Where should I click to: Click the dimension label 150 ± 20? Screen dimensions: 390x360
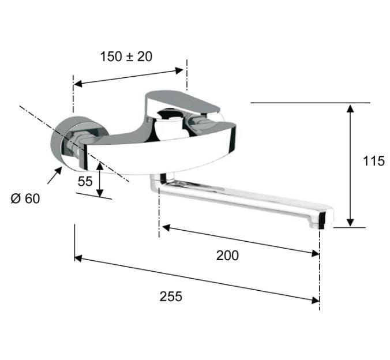126,57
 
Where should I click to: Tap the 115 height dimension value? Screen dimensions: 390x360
374,161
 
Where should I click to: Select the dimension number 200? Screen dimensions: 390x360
227,256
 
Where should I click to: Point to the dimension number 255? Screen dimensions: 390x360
171,297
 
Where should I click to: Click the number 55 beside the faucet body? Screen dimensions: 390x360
85,181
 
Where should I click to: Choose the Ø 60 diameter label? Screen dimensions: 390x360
25,198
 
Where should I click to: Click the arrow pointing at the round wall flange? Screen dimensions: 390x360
54,175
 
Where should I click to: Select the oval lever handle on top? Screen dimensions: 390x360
182,102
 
